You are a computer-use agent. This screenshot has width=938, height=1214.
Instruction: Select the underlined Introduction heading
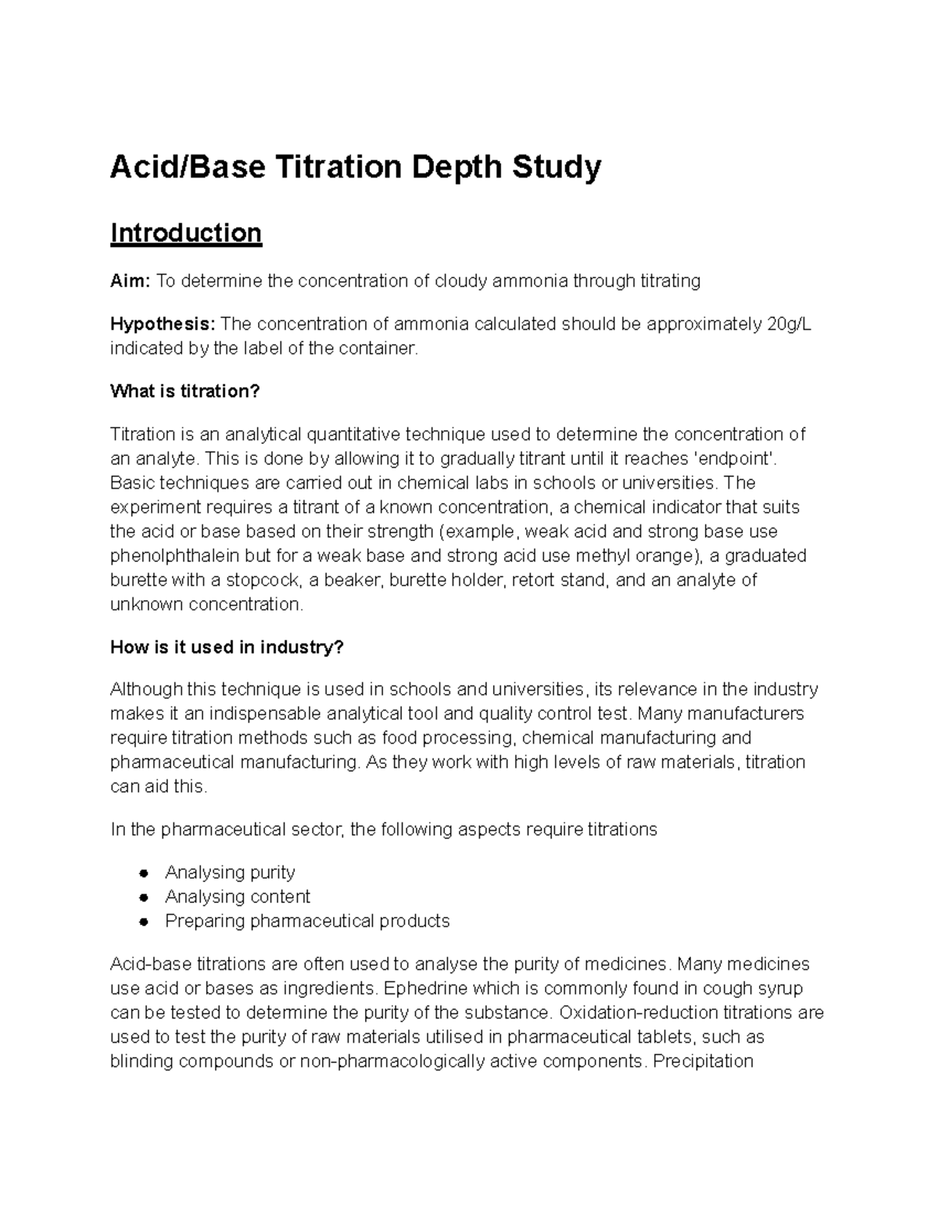pyautogui.click(x=186, y=233)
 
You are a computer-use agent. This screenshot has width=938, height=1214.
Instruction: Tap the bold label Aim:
pyautogui.click(x=130, y=281)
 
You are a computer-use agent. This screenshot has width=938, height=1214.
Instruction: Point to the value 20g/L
pyautogui.click(x=785, y=324)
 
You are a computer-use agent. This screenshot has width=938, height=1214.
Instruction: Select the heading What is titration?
pyautogui.click(x=184, y=391)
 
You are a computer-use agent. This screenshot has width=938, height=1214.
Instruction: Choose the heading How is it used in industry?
pyautogui.click(x=227, y=647)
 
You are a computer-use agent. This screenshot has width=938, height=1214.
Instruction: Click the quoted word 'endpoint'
pyautogui.click(x=736, y=458)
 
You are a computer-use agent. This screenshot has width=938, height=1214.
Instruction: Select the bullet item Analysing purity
pyautogui.click(x=230, y=872)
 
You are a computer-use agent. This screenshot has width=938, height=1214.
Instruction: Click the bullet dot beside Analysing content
pyautogui.click(x=143, y=897)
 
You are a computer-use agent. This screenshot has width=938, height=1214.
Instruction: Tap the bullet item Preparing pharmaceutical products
pyautogui.click(x=307, y=921)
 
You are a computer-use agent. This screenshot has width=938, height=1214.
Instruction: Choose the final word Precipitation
pyautogui.click(x=703, y=1062)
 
